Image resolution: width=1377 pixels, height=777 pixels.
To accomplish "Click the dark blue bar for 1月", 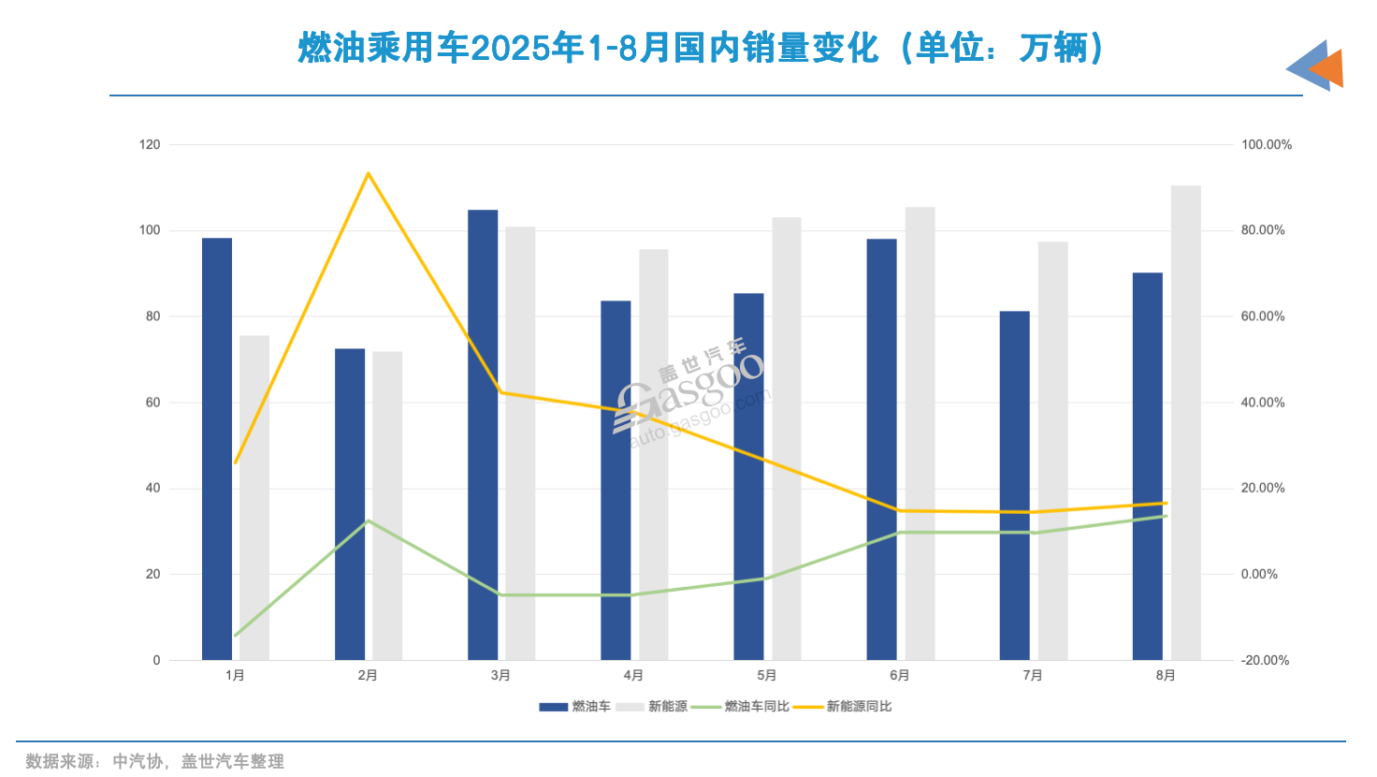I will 217,449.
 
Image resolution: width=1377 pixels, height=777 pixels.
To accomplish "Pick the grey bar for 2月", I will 387,506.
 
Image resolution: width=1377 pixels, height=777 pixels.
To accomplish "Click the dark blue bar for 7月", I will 1014,486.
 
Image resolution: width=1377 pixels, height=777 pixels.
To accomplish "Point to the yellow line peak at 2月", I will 369,173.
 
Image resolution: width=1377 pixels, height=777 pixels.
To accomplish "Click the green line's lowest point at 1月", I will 236,636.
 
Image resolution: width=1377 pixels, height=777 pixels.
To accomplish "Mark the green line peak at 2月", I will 369,520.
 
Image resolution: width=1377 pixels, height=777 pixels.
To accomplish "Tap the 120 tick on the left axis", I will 150,144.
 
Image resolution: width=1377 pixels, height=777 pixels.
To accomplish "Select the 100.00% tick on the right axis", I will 1266,144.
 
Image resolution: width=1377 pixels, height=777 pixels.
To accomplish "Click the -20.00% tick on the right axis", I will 1265,660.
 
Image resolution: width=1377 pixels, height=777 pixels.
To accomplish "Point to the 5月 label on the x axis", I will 767,675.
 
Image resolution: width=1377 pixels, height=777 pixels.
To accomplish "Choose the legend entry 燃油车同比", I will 756,707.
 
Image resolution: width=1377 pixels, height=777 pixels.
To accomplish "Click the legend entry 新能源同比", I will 858,707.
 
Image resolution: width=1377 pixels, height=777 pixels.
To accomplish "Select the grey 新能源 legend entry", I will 667,707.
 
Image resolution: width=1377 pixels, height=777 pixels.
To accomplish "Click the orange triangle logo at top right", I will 1327,68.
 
